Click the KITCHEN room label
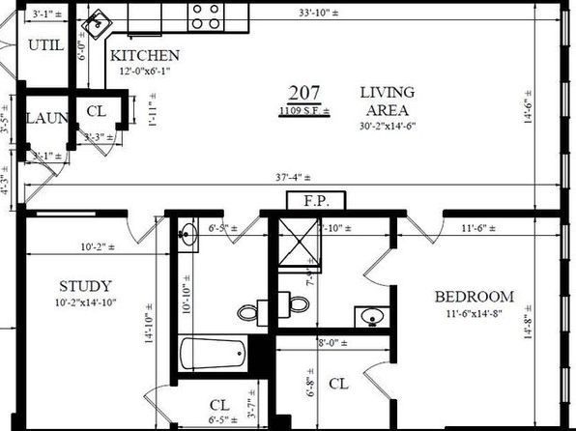click(x=145, y=55)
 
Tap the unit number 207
click(x=303, y=93)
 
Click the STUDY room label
click(x=85, y=286)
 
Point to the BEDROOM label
click(x=473, y=297)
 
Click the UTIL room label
click(x=44, y=45)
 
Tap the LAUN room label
click(x=46, y=118)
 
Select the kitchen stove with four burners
click(x=205, y=15)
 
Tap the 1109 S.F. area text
click(x=304, y=111)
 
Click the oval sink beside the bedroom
click(x=368, y=315)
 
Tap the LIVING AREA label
click(x=387, y=101)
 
